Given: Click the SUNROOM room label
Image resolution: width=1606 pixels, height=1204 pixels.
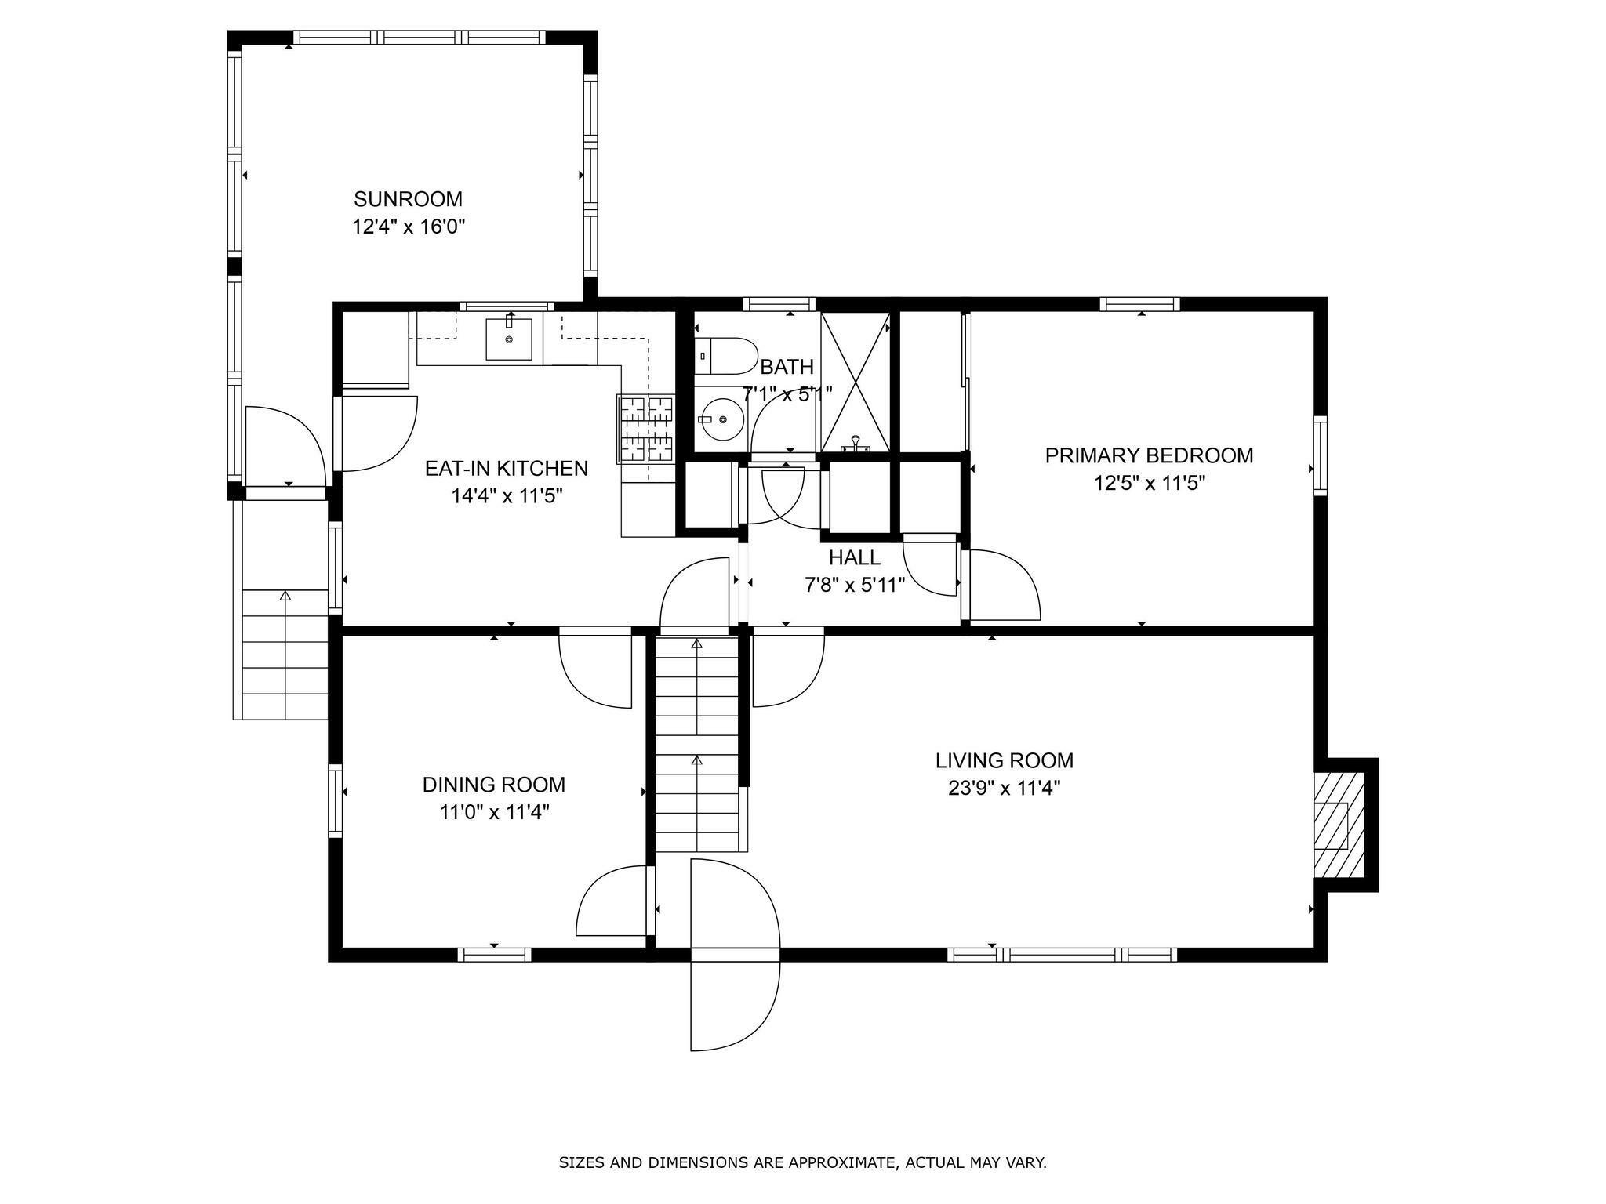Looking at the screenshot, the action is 408,199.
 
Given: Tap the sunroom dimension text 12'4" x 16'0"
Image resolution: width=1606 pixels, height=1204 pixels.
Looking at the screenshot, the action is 409,227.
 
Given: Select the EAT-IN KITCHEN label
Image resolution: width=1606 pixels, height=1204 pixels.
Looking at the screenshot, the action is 507,468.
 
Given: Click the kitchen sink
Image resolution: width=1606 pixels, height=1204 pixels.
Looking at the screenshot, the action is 509,339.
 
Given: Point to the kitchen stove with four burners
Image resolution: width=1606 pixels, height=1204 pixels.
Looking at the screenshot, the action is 647,427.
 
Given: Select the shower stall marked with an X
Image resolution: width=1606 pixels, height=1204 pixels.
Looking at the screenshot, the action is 856,382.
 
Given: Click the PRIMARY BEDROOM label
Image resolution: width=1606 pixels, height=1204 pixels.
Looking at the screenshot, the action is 1149,455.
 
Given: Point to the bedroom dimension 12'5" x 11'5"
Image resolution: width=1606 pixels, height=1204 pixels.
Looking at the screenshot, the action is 1150,483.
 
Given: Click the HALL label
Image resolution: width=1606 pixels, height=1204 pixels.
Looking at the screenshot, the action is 855,557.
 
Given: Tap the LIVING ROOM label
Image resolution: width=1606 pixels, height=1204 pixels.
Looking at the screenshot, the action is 1005,760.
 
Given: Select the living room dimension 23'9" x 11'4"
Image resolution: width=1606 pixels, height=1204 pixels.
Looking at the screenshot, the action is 1005,788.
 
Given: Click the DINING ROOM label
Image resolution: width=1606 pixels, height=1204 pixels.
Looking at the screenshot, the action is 494,785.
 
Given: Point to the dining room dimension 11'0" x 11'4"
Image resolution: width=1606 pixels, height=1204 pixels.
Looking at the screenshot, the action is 494,812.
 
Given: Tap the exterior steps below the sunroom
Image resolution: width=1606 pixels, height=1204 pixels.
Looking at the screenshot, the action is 285,655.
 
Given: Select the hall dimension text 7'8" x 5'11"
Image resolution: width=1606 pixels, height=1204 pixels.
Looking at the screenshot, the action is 855,585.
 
